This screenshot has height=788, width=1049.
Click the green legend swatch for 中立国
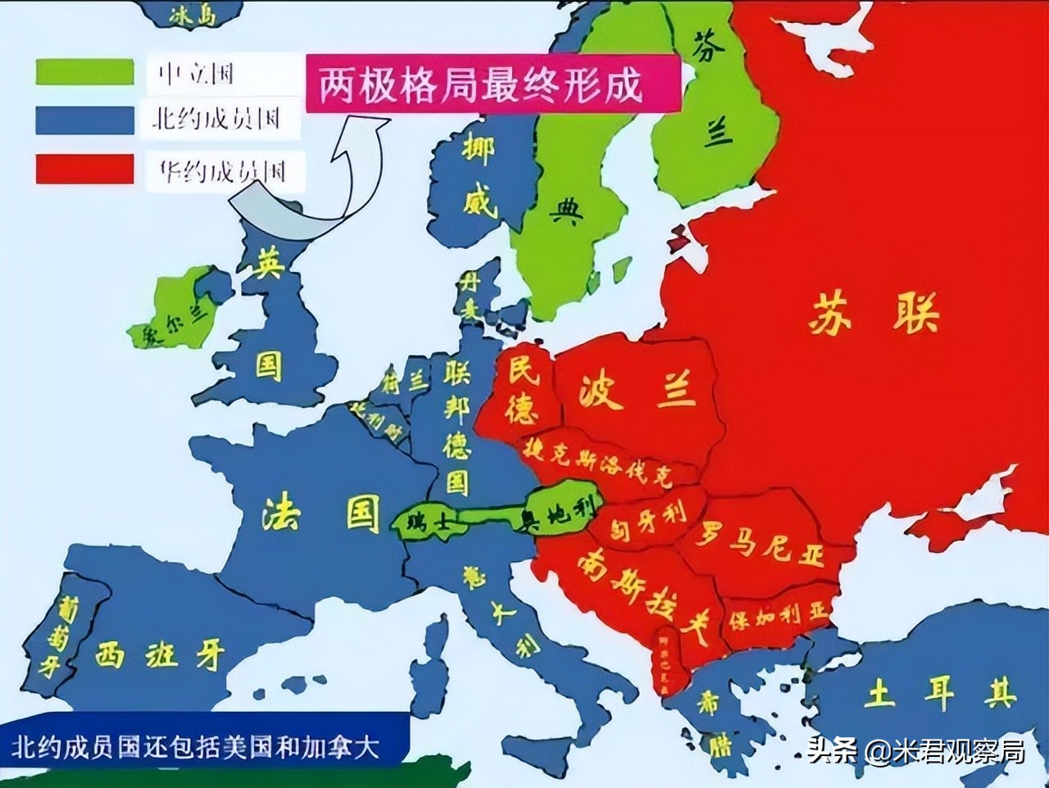point(84,71)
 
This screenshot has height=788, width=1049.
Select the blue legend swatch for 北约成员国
point(84,120)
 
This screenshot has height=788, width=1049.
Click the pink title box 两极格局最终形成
point(493,84)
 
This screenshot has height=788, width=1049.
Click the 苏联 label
point(872,315)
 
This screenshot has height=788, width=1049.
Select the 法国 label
point(321,514)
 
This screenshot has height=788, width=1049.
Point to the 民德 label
point(522,391)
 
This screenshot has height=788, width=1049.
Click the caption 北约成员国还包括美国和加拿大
point(197,748)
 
